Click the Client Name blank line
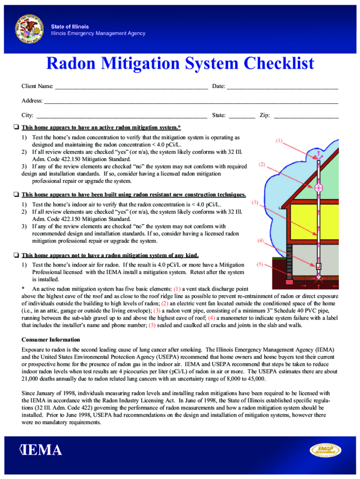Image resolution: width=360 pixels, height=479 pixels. tap(131, 87)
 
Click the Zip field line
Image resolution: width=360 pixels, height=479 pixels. tap(306, 116)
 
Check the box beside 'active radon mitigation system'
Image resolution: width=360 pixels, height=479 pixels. tap(16, 128)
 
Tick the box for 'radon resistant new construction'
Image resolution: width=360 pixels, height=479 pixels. tap(16, 195)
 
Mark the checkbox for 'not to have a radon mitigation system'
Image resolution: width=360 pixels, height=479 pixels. tap(16, 255)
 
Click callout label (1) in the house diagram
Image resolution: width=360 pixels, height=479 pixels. tap(279, 140)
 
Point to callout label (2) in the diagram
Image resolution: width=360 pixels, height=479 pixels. tap(262, 165)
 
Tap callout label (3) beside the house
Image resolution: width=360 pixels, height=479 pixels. tap(255, 203)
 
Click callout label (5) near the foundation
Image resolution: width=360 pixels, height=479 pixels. tap(261, 264)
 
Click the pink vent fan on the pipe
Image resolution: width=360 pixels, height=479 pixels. tap(320, 188)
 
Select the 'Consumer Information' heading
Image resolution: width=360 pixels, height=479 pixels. tap(50, 340)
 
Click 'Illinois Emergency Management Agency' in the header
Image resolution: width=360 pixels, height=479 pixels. tap(98, 34)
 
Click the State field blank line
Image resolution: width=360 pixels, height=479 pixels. tap(242, 116)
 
